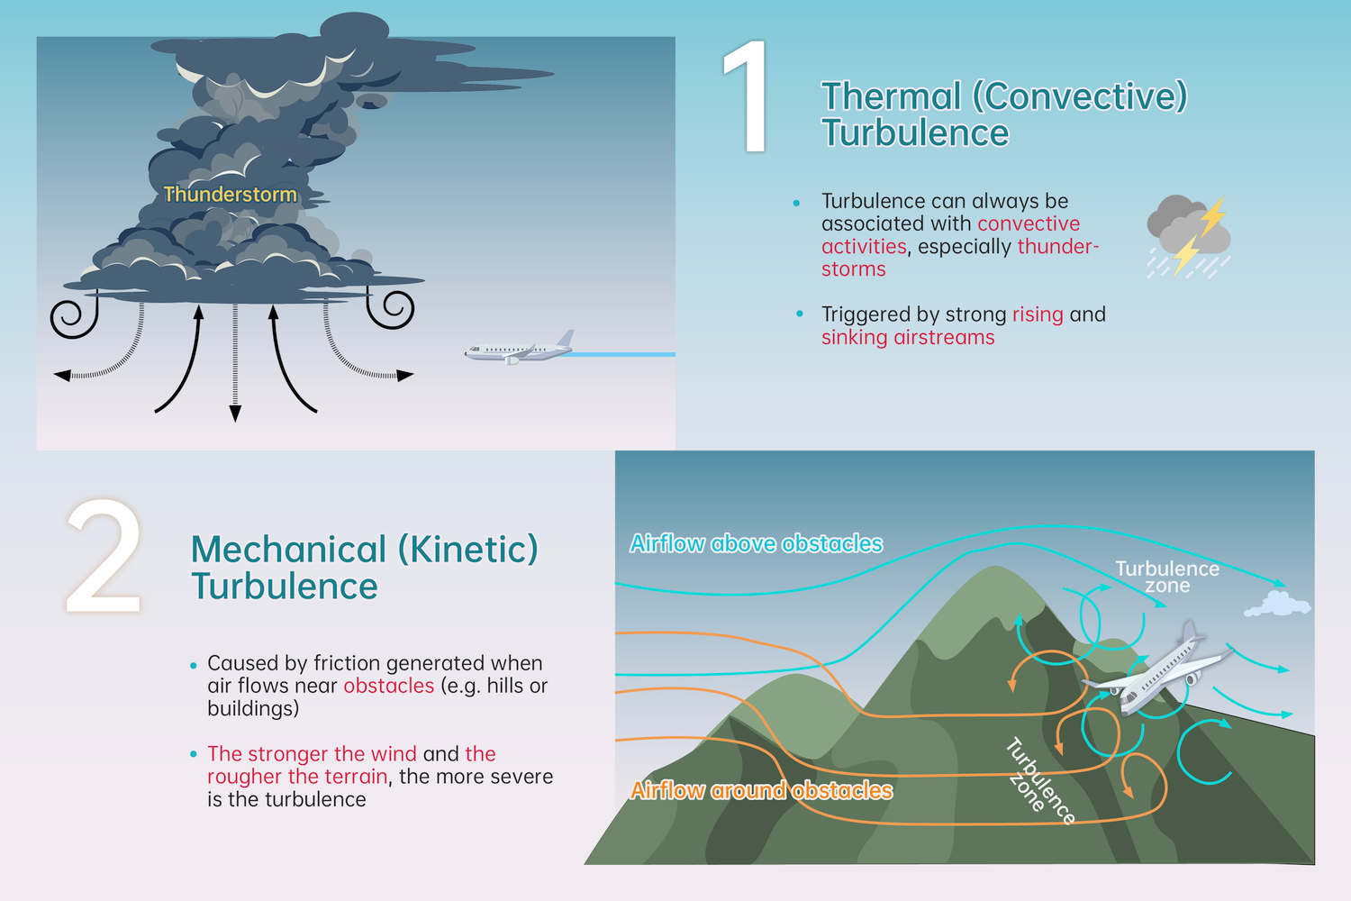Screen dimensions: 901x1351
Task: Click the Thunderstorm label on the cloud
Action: [230, 194]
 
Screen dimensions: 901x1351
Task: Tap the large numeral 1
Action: [747, 97]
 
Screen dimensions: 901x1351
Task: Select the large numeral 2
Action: [104, 557]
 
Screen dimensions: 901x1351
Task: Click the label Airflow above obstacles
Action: [756, 543]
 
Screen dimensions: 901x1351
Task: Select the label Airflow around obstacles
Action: [761, 790]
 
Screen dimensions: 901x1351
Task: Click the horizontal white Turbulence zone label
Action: [1167, 577]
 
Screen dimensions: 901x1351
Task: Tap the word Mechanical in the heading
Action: [288, 550]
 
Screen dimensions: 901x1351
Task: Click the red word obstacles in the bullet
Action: [389, 686]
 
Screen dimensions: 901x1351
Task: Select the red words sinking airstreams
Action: [908, 337]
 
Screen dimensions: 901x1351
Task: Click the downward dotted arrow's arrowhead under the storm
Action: [235, 414]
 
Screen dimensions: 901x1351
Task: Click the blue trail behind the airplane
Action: [621, 354]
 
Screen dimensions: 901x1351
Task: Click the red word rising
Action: [1038, 314]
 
